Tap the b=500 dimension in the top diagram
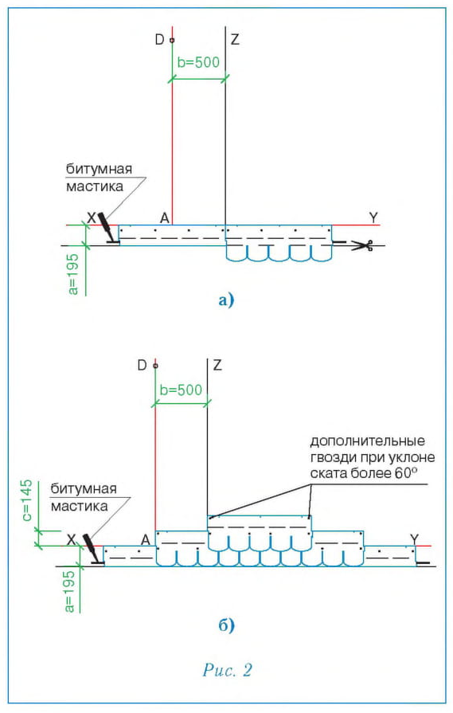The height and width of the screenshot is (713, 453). (198, 62)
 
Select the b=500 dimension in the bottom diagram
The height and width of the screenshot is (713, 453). (182, 390)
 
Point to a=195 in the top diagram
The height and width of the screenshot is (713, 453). (74, 274)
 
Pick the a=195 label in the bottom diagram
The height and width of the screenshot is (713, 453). (69, 591)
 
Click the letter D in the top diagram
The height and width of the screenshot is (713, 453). (159, 40)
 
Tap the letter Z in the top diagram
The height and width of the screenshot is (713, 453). (234, 40)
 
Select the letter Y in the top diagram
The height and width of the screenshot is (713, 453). (373, 217)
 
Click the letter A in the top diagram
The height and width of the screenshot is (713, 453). (165, 218)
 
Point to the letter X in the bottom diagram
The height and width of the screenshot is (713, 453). (72, 540)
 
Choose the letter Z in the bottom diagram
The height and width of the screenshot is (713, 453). (217, 365)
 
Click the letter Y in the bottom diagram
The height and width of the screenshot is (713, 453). (414, 539)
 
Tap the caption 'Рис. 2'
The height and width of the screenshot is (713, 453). (227, 670)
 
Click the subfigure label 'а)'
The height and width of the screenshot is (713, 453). (226, 300)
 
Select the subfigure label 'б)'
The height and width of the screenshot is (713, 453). (226, 625)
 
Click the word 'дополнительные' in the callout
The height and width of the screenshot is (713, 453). (368, 441)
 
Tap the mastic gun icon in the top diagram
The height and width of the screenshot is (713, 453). (108, 229)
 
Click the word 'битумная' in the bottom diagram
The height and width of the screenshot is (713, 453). (84, 489)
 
